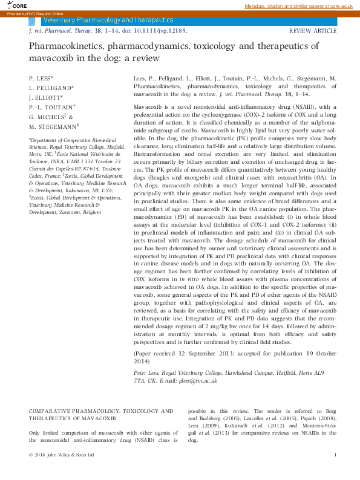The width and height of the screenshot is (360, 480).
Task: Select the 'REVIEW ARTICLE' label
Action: [313, 30]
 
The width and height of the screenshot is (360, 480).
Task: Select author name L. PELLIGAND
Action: [51, 88]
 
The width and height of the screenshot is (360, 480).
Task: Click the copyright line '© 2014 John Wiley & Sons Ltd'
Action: [62, 454]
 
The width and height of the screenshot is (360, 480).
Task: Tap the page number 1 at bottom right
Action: [335, 454]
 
